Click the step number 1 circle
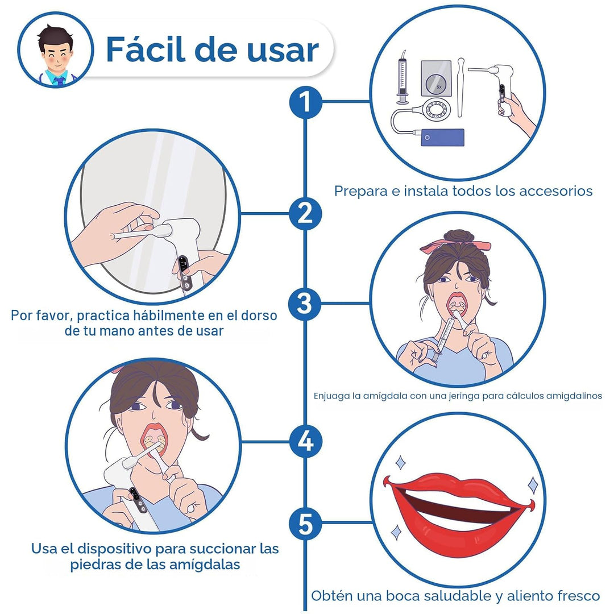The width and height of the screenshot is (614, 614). (x=305, y=102)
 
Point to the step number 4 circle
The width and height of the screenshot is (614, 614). (x=305, y=442)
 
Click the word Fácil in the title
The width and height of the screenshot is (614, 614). (x=146, y=49)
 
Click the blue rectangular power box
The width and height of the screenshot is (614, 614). (x=442, y=138)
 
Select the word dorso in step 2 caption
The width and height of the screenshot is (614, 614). (x=259, y=315)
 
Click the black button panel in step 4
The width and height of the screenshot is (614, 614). (x=138, y=500)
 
